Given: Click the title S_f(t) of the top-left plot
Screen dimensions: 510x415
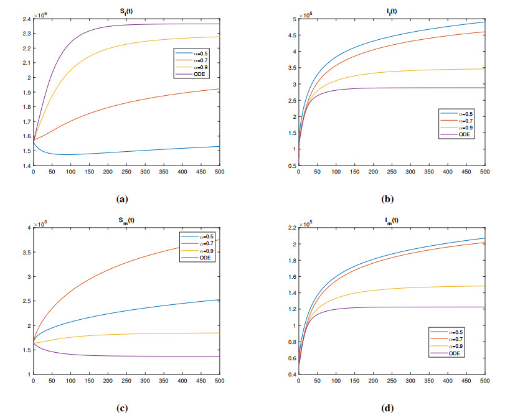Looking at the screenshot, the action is pyautogui.click(x=126, y=11).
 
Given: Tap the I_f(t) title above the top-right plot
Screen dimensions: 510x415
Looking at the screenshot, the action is pyautogui.click(x=392, y=11).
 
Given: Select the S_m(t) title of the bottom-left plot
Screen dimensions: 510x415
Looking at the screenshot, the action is pyautogui.click(x=126, y=220).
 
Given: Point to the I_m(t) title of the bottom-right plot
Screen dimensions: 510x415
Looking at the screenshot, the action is pyautogui.click(x=392, y=220).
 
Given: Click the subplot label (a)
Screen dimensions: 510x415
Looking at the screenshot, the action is pyautogui.click(x=122, y=199).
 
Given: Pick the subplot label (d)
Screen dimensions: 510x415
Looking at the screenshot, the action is pyautogui.click(x=387, y=408).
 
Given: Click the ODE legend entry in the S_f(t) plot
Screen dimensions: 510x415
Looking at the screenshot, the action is pyautogui.click(x=191, y=74).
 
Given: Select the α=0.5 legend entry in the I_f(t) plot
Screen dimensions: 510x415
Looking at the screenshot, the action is pyautogui.click(x=456, y=114).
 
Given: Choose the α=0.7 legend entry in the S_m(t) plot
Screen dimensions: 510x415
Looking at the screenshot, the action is pyautogui.click(x=197, y=243).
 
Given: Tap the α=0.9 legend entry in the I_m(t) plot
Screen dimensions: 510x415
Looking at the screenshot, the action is pyautogui.click(x=446, y=346).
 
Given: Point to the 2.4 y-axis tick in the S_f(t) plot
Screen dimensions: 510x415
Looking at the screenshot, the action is pyautogui.click(x=27, y=19).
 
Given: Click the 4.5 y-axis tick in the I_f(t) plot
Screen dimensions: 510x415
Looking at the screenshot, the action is pyautogui.click(x=293, y=35).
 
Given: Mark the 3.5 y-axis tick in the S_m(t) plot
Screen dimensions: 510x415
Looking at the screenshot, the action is pyautogui.click(x=27, y=252).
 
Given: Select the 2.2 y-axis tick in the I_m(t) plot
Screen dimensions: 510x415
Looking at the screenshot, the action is pyautogui.click(x=293, y=228).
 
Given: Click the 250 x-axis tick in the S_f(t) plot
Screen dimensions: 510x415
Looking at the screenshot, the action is pyautogui.click(x=126, y=172).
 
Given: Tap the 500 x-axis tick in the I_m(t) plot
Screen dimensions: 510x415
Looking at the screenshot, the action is pyautogui.click(x=485, y=381).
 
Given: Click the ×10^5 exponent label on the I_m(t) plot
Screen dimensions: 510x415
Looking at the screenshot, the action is pyautogui.click(x=306, y=224).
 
